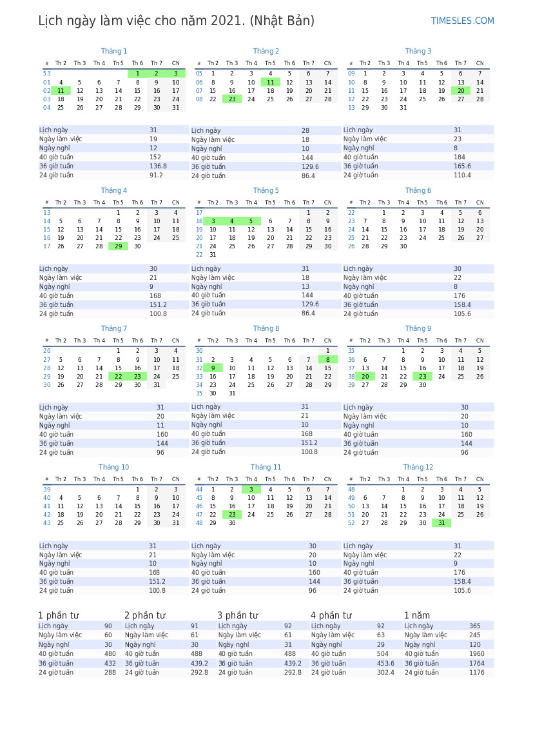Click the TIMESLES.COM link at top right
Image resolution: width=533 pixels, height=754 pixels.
pyautogui.click(x=462, y=21)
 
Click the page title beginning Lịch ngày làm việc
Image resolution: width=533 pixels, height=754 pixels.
pyautogui.click(x=176, y=21)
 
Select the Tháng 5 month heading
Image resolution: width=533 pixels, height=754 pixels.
pyautogui.click(x=266, y=190)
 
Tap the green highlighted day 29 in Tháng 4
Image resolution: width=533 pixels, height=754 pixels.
pyautogui.click(x=118, y=246)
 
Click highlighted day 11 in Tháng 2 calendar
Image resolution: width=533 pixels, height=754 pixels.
pyautogui.click(x=270, y=82)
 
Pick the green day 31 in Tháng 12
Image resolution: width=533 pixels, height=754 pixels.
pyautogui.click(x=441, y=522)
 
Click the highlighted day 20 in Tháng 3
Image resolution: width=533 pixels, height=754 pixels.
pyautogui.click(x=461, y=91)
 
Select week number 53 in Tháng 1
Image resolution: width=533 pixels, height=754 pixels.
pyautogui.click(x=46, y=74)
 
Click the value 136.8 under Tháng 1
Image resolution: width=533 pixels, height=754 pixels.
pyautogui.click(x=158, y=166)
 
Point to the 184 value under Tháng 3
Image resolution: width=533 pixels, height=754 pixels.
pyautogui.click(x=459, y=157)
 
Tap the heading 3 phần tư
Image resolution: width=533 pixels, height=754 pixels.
pyautogui.click(x=237, y=615)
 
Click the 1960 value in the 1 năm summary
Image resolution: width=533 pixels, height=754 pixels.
pyautogui.click(x=476, y=653)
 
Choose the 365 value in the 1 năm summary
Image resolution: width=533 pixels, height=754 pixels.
pyautogui.click(x=474, y=626)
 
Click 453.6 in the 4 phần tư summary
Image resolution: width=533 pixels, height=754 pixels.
pyautogui.click(x=385, y=663)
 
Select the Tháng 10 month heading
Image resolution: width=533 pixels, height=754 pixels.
pyautogui.click(x=113, y=467)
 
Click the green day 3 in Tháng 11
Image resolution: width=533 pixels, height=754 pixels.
pyautogui.click(x=251, y=489)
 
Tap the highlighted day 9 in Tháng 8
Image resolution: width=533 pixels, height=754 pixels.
pyautogui.click(x=213, y=368)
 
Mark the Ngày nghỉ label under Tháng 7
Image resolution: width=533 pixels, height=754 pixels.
pyautogui.click(x=55, y=425)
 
